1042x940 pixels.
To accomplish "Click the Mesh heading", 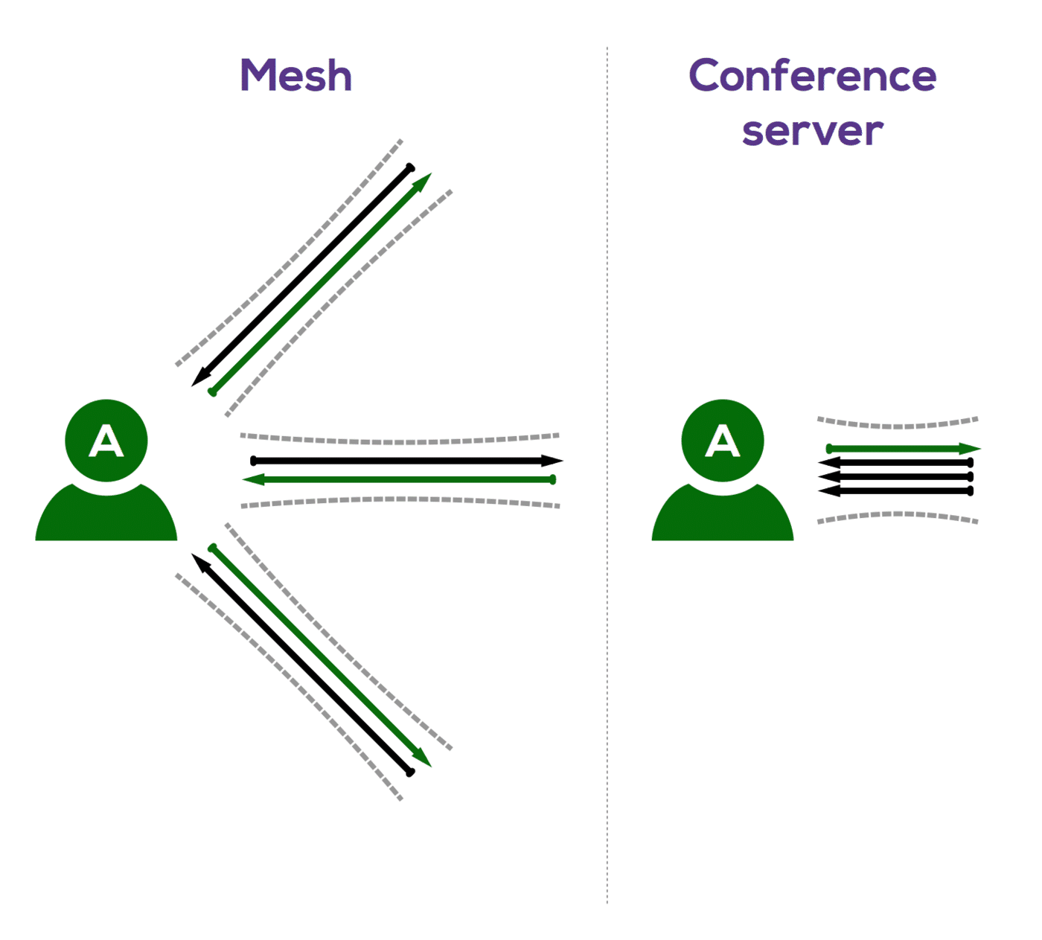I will coord(295,76).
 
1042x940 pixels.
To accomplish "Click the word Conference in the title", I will coord(812,76).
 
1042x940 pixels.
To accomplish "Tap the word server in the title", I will coord(812,131).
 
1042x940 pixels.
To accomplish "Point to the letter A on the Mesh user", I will coord(106,441).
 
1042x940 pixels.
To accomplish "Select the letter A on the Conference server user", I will coord(723,441).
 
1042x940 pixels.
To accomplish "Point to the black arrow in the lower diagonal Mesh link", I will coord(302,664).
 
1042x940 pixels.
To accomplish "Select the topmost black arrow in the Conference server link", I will coord(896,463).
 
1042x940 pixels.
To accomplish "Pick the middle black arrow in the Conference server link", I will coord(896,476).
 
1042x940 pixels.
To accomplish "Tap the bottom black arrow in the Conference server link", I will coord(896,490).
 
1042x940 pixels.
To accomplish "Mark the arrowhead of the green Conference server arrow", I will coord(971,449).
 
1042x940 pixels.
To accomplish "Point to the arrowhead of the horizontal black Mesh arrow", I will coord(552,461).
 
